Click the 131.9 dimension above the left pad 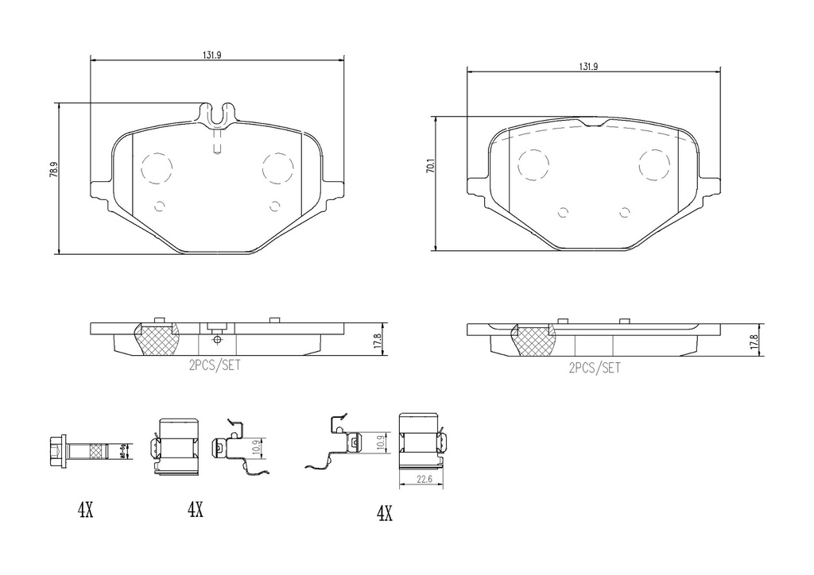(212, 55)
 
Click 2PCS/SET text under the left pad (215, 366)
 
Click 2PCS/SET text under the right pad (594, 367)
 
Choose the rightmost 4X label (384, 514)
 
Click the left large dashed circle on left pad (156, 168)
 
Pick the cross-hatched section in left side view (157, 341)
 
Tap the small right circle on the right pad (624, 211)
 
